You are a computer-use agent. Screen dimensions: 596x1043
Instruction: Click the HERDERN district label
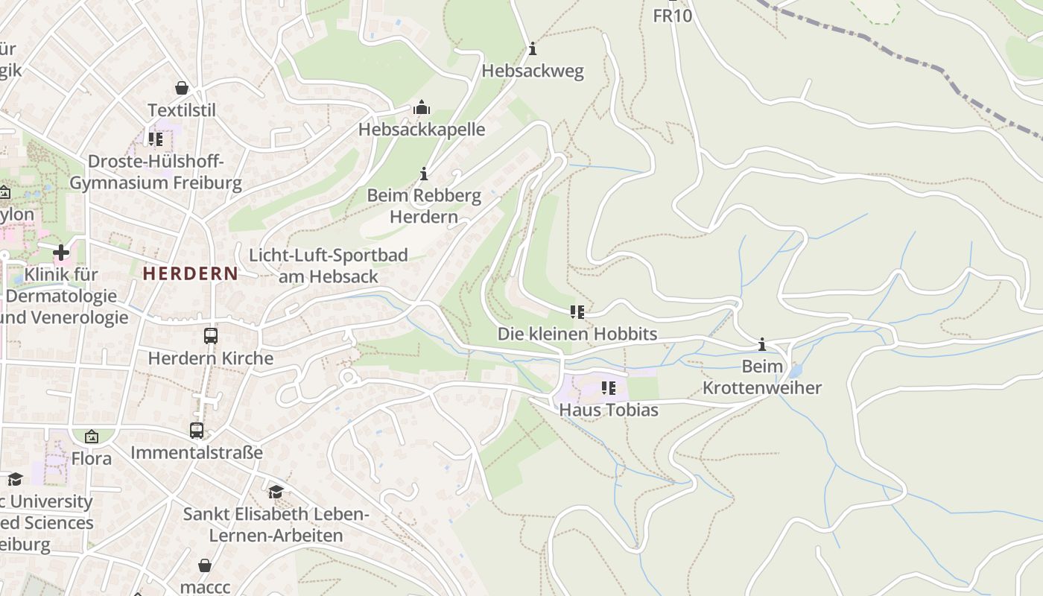(190, 273)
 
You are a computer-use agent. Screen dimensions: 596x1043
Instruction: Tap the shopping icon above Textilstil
(182, 88)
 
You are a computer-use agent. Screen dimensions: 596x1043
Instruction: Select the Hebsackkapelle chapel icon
(422, 108)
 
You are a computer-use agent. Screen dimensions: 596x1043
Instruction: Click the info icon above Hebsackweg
(533, 49)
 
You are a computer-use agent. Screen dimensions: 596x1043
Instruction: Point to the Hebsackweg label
(533, 71)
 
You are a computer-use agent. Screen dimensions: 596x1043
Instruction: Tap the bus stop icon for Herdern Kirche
(211, 336)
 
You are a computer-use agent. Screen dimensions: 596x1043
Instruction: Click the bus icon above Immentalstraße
(197, 430)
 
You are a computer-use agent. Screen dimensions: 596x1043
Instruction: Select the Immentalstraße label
(197, 452)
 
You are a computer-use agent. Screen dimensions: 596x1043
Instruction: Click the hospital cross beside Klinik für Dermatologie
(61, 252)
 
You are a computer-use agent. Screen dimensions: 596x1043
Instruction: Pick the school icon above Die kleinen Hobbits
(577, 311)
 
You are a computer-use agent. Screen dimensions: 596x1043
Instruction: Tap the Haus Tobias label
(609, 410)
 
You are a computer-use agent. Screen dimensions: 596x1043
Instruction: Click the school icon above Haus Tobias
(609, 387)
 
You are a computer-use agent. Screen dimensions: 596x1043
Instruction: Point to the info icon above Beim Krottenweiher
(762, 344)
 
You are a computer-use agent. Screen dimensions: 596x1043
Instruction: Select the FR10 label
(672, 16)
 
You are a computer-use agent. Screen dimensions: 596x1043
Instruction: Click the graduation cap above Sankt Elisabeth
(276, 492)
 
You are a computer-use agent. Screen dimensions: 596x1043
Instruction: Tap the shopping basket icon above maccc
(205, 565)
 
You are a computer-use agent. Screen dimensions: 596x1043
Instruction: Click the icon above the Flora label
(92, 437)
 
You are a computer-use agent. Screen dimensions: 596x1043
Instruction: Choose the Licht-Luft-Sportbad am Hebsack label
(328, 266)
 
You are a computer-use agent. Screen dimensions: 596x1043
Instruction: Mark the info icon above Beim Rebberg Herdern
(425, 174)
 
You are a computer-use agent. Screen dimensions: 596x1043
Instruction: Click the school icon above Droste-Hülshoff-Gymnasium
(156, 139)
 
